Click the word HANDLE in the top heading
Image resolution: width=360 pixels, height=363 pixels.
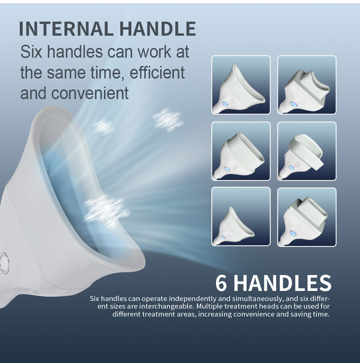pyautogui.click(x=157, y=29)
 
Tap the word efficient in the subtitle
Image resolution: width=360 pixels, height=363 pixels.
pyautogui.click(x=157, y=72)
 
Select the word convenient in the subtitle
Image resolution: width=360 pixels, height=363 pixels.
pyautogui.click(x=90, y=93)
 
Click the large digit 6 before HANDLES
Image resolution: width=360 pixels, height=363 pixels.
pyautogui.click(x=221, y=283)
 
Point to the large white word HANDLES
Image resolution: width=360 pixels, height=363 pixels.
pyautogui.click(x=283, y=283)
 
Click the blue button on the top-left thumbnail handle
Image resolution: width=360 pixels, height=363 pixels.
pyautogui.click(x=225, y=104)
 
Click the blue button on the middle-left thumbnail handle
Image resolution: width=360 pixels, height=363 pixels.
pyautogui.click(x=226, y=169)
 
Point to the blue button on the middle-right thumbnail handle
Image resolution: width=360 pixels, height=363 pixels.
pyautogui.click(x=291, y=167)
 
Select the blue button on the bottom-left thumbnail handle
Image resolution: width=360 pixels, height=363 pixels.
pyautogui.click(x=223, y=237)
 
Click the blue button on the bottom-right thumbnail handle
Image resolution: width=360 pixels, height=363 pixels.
pyautogui.click(x=292, y=233)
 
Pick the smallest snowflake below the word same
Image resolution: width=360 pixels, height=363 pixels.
pyautogui.click(x=104, y=127)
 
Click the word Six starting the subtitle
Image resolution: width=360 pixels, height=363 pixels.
pyautogui.click(x=31, y=52)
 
